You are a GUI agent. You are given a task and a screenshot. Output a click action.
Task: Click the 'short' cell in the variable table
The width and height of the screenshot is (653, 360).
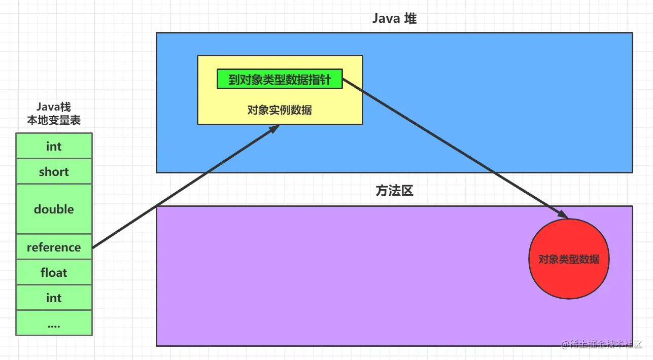point(54,171)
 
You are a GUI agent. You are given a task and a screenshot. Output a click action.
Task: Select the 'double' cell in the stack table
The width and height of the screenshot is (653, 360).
point(54,209)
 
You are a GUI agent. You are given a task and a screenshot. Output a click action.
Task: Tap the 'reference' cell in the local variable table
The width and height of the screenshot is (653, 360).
point(54,247)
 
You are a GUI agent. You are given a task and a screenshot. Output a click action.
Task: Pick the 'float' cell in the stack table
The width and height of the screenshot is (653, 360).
point(54,272)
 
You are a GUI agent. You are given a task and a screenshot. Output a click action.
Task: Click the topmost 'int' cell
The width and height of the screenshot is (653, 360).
point(54,146)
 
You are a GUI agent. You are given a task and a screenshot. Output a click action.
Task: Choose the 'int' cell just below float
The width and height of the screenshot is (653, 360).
point(54,298)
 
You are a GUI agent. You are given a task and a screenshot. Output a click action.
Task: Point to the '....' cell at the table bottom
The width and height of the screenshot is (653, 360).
point(54,323)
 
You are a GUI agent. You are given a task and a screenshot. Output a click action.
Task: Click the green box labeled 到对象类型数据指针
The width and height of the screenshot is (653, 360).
point(280,79)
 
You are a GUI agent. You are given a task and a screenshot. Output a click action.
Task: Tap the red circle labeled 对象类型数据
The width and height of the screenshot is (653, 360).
point(568,259)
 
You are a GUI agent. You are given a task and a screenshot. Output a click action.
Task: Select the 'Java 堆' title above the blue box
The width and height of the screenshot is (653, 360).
point(394,19)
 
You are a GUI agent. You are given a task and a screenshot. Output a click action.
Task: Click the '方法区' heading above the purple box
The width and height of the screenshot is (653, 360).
point(394,191)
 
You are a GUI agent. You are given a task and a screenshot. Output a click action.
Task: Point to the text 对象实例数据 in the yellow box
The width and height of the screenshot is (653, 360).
point(280,110)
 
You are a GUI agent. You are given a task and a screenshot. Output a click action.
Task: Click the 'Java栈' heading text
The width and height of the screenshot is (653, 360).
point(54,107)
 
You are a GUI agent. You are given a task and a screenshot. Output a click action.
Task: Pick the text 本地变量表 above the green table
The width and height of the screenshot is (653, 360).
point(54,121)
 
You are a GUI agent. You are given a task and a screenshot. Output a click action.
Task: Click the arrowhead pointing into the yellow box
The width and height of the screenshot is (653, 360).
point(273,129)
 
